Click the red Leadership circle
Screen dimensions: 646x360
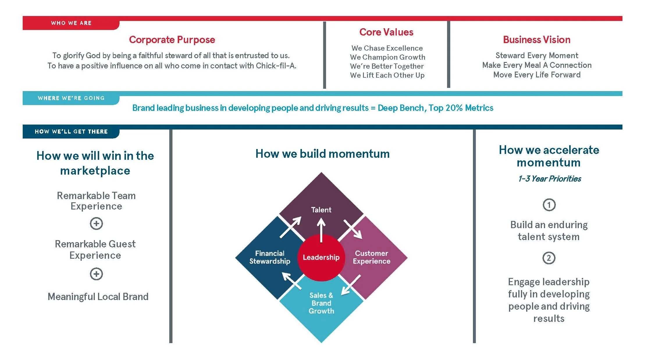click(x=321, y=258)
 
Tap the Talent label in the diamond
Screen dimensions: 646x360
click(x=321, y=210)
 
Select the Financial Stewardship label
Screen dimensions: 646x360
click(x=270, y=257)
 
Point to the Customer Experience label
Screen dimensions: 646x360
click(x=371, y=257)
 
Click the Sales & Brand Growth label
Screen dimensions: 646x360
click(x=321, y=303)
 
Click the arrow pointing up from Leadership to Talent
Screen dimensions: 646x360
click(x=321, y=230)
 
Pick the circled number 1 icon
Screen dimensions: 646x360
click(x=549, y=205)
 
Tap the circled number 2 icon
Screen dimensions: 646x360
click(x=549, y=258)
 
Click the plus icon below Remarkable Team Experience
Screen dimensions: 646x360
click(x=96, y=224)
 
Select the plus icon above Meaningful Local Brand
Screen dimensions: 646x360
click(x=96, y=274)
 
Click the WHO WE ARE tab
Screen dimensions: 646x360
click(x=71, y=23)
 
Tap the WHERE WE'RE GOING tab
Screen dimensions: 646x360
click(x=71, y=98)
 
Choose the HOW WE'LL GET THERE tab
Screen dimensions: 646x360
click(x=71, y=132)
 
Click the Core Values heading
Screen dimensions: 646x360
click(x=386, y=32)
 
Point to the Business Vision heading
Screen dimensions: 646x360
click(x=537, y=40)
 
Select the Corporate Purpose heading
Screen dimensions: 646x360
click(x=172, y=40)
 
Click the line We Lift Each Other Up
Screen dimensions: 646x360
click(x=387, y=75)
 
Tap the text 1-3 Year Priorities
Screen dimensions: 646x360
click(x=549, y=179)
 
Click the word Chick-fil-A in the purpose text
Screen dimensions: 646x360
click(x=276, y=66)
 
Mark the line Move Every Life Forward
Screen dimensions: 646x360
click(x=537, y=75)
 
